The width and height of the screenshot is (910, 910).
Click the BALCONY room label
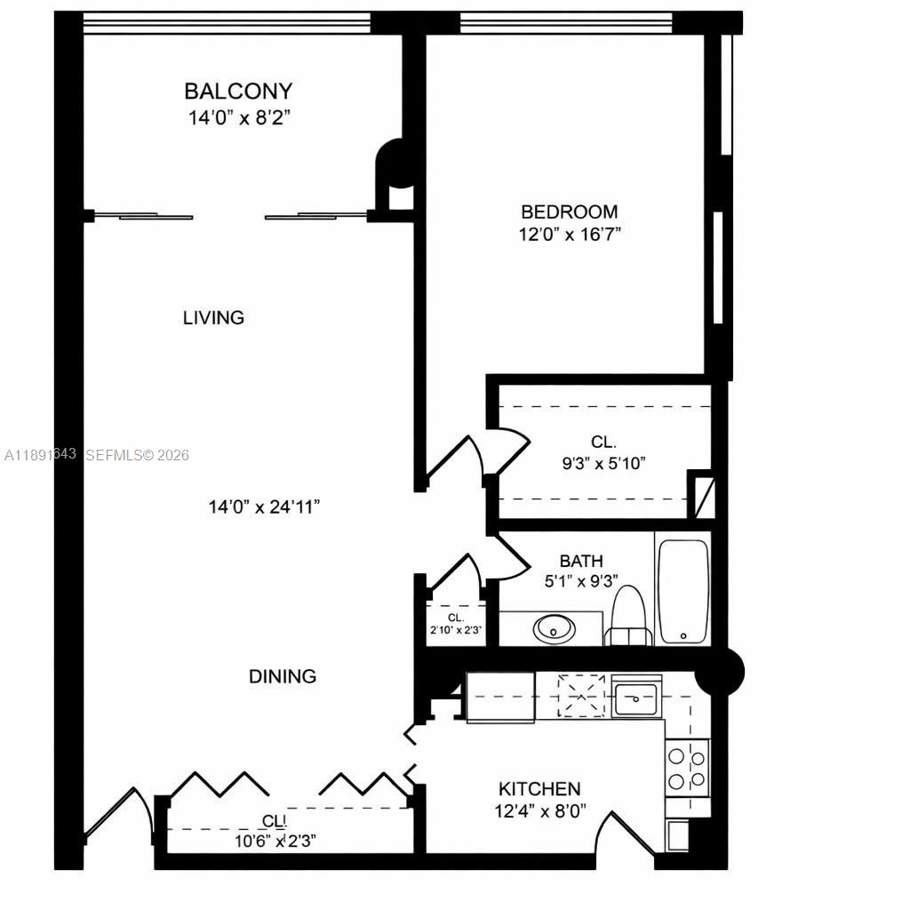point(237,91)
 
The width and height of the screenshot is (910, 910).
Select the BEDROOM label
point(569,212)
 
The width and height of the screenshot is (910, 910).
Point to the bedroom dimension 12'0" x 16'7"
point(569,235)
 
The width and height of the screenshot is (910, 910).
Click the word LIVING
point(213,317)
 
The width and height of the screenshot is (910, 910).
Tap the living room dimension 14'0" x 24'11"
point(264,507)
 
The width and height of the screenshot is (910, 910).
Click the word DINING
point(282,676)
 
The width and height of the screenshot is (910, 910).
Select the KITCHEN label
point(539,788)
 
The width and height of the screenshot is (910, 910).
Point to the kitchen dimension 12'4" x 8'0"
point(539,811)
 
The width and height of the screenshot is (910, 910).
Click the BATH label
point(581,561)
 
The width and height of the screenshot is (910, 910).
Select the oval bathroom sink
point(554,629)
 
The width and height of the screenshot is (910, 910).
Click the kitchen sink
point(636,698)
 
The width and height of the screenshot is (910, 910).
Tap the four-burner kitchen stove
point(687,769)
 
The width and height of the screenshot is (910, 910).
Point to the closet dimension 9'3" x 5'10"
point(603,462)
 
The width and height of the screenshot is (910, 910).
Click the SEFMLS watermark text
point(138,455)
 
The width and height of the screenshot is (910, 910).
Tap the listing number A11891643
point(40,455)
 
